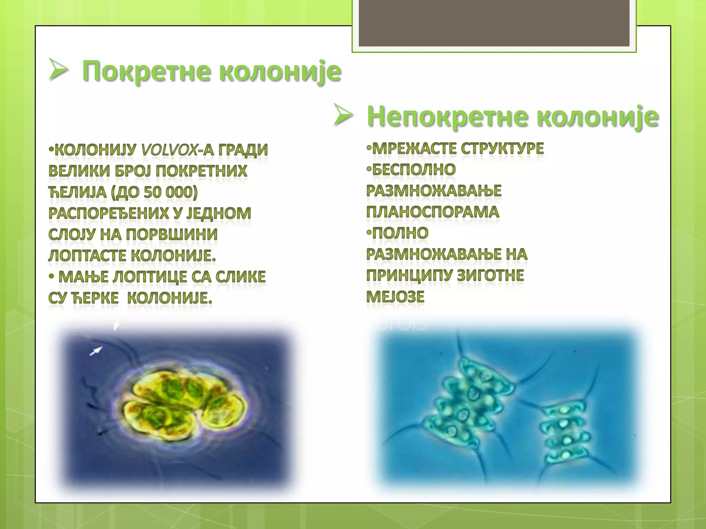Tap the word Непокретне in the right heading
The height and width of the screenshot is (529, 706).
[447, 117]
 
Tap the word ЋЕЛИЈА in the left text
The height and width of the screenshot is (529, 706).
[78, 192]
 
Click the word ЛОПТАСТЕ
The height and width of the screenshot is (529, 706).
[88, 256]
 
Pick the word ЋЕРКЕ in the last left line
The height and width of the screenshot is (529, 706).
[95, 298]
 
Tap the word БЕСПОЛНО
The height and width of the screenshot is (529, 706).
[414, 170]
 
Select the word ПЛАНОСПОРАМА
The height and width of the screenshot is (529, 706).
[433, 212]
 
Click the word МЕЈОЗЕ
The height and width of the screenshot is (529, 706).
[395, 297]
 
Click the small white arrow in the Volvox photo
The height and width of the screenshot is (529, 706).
[96, 351]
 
